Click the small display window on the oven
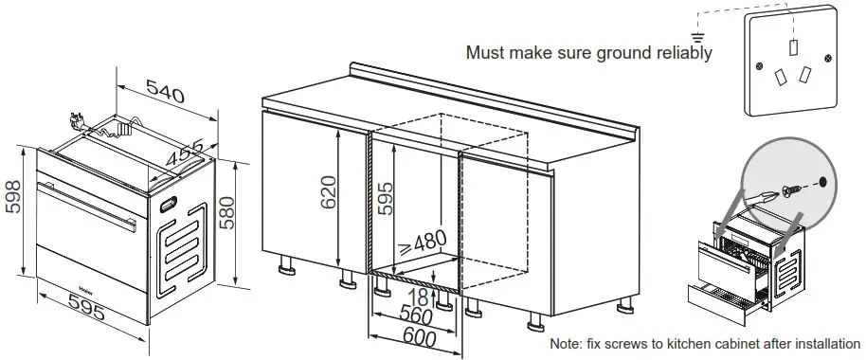point(171,202)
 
